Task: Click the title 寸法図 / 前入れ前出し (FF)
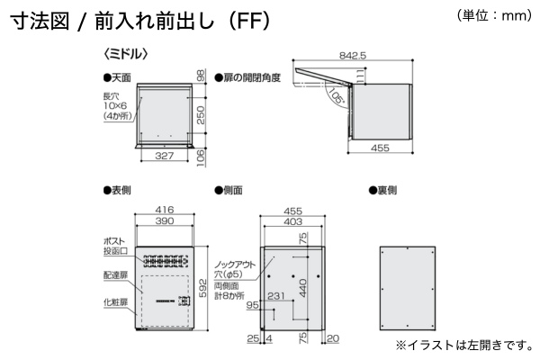140,22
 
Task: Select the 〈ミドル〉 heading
125,55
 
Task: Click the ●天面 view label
117,78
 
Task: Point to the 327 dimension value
163,157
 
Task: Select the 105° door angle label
337,96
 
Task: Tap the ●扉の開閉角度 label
247,78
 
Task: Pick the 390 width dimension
163,220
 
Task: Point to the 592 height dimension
204,286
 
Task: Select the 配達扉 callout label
117,274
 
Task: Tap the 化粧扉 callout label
117,302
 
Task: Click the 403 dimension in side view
292,220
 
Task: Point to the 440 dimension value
304,287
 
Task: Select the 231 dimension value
277,295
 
